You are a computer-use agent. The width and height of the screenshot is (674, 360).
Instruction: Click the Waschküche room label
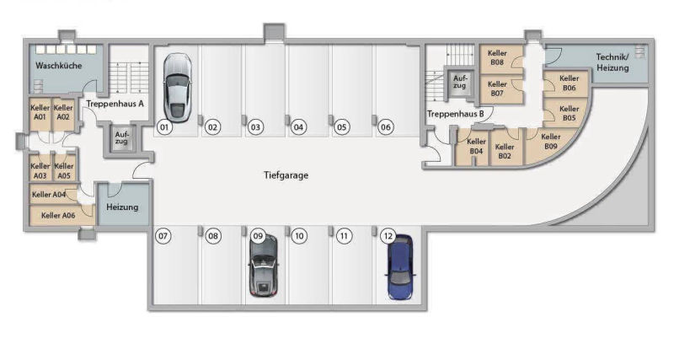[x=58, y=66]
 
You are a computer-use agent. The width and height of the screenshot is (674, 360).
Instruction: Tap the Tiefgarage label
[x=286, y=175]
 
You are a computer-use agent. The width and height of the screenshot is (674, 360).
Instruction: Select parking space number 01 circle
[x=164, y=127]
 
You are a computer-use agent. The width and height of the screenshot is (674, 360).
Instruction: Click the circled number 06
[x=386, y=127]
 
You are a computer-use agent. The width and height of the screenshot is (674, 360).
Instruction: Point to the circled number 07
[x=163, y=236]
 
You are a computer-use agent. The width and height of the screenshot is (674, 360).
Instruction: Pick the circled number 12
[x=388, y=236]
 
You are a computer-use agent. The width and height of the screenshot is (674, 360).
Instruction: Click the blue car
[x=400, y=267]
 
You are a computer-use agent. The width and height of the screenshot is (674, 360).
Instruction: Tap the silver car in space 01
[x=178, y=88]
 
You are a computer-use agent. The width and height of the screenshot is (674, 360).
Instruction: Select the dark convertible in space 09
[x=264, y=266]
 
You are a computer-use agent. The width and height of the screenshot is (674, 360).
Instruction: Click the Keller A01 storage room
[x=40, y=115]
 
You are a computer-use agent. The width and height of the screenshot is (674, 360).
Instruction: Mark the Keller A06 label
[x=58, y=216]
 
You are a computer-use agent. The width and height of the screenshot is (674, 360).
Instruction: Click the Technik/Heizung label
[x=612, y=62]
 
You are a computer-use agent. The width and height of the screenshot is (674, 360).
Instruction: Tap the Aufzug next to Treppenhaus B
[x=459, y=82]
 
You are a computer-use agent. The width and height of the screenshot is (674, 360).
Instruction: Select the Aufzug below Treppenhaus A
[x=121, y=138]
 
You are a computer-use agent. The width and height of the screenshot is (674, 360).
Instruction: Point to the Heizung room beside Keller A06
[x=123, y=205]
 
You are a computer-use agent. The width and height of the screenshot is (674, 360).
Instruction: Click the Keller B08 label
[x=497, y=57]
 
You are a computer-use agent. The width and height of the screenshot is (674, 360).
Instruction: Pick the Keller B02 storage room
[x=505, y=148]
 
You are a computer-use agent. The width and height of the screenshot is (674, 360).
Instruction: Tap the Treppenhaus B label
[x=455, y=114]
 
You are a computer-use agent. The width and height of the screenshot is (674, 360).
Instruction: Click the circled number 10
[x=299, y=236]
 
